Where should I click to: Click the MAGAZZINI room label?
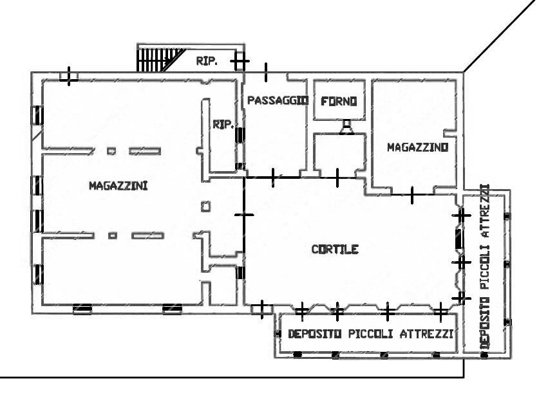click(x=118, y=186)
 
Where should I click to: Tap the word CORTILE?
click(x=335, y=249)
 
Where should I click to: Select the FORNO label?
click(x=339, y=101)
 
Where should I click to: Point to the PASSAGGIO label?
click(x=278, y=100)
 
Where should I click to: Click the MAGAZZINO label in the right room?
click(x=418, y=147)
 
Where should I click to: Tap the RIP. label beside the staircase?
click(x=207, y=61)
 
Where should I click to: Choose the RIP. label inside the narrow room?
click(x=223, y=124)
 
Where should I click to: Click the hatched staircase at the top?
click(x=160, y=60)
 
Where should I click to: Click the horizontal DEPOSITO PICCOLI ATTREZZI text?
click(x=370, y=334)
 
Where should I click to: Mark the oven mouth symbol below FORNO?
click(x=347, y=127)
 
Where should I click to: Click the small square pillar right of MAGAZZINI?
click(x=205, y=206)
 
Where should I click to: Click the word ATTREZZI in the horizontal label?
click(x=426, y=334)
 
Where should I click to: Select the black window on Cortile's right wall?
click(x=459, y=239)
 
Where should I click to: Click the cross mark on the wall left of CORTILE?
click(x=244, y=215)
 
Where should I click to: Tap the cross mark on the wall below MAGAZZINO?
click(x=412, y=195)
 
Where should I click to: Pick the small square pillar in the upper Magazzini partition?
click(x=111, y=151)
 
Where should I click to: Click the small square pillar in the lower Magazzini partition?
click(x=113, y=235)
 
